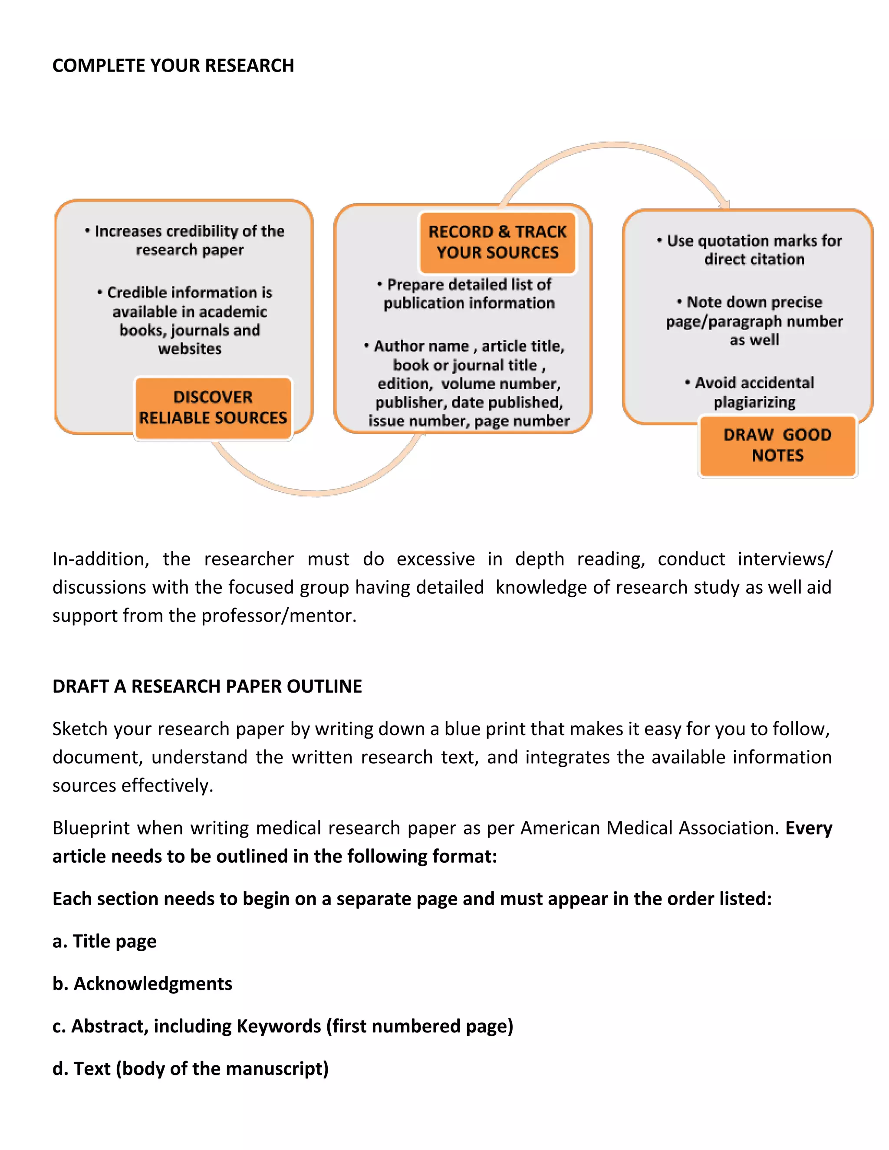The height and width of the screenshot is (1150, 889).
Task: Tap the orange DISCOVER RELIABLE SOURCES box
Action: pyautogui.click(x=213, y=407)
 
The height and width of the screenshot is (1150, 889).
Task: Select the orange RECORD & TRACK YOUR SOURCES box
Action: pyautogui.click(x=497, y=242)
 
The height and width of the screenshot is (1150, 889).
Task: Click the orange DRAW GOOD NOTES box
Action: pyautogui.click(x=777, y=446)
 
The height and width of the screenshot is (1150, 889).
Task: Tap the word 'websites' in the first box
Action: pyautogui.click(x=190, y=349)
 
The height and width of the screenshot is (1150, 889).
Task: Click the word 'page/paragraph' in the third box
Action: pyautogui.click(x=723, y=322)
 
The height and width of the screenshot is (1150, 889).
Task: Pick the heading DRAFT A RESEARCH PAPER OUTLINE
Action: pyautogui.click(x=207, y=686)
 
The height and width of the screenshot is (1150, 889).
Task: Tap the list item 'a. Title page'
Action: pyautogui.click(x=104, y=941)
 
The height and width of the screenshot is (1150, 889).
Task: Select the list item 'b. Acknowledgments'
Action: pyautogui.click(x=142, y=984)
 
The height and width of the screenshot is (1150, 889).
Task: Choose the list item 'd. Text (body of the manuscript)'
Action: pyautogui.click(x=190, y=1068)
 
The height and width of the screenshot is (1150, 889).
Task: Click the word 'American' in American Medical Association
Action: pyautogui.click(x=560, y=828)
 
